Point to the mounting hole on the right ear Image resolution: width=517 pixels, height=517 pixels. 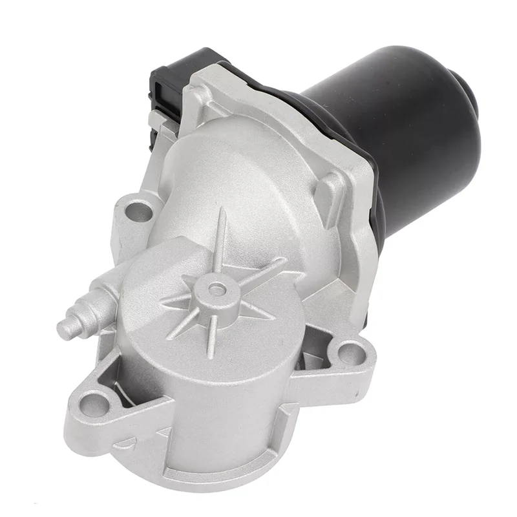click(350, 353)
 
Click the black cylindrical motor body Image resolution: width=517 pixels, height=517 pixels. click(388, 129)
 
